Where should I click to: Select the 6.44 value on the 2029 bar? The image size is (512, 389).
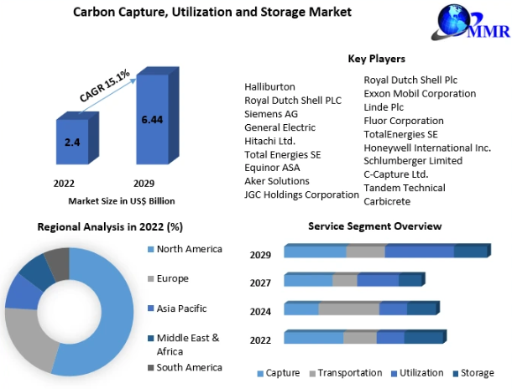pos(152,120)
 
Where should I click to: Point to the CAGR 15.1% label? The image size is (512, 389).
pos(104,86)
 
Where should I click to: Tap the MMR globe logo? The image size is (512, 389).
pos(470,22)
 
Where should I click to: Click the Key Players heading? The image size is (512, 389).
pos(377,59)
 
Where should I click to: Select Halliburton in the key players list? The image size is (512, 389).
pos(269,86)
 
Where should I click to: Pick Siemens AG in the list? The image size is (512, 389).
pos(271,114)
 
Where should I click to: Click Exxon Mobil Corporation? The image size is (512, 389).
pos(420,94)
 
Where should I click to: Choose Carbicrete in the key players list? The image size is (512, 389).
pos(387,201)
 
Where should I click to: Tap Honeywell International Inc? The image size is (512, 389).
pos(427,148)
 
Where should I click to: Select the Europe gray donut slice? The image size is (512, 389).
pos(28,339)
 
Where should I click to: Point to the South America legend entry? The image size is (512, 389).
pos(185,367)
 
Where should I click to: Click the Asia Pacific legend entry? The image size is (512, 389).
pos(177,309)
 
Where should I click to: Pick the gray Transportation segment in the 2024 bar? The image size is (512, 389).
pos(348,309)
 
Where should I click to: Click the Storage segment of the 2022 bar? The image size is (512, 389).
pos(426,336)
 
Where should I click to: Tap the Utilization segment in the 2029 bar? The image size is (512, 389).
pos(420,251)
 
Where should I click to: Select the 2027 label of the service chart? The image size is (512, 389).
pos(260,283)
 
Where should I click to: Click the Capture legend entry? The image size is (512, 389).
pos(278,373)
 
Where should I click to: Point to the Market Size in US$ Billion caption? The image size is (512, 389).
pos(122,201)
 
